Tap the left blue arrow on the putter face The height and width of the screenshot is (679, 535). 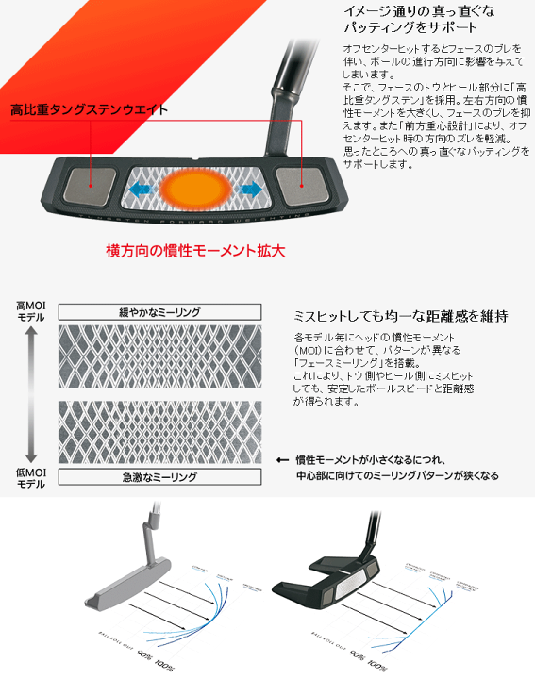coord(142,190)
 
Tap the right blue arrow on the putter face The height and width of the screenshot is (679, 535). coord(252,189)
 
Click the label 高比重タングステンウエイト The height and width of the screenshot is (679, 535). coord(89,109)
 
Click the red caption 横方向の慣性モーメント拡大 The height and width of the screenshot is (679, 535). coord(195,252)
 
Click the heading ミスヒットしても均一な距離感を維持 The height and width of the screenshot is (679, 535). coord(402,314)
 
